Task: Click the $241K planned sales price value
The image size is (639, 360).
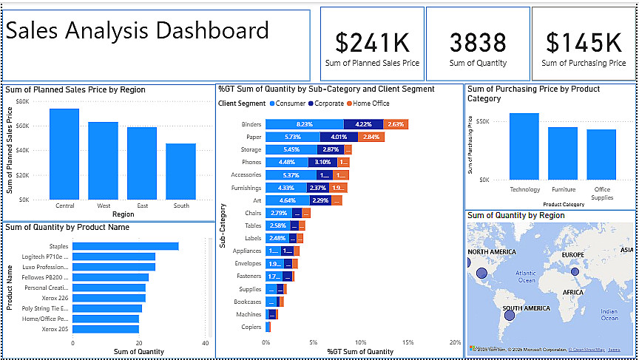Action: pyautogui.click(x=372, y=43)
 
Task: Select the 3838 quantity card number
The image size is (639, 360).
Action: pyautogui.click(x=478, y=43)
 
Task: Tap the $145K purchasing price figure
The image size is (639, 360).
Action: pyautogui.click(x=584, y=43)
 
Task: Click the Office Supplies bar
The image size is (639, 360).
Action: pyautogui.click(x=601, y=154)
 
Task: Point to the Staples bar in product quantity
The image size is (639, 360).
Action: pyautogui.click(x=125, y=246)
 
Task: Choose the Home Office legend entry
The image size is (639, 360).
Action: pyautogui.click(x=371, y=103)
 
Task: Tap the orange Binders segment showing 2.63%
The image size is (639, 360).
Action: pyautogui.click(x=396, y=124)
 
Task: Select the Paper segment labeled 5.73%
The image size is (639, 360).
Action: pyautogui.click(x=293, y=137)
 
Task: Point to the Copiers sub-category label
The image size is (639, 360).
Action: pyautogui.click(x=251, y=327)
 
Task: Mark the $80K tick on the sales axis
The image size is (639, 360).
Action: pyautogui.click(x=22, y=101)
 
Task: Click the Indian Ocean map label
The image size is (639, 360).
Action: pyautogui.click(x=609, y=314)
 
